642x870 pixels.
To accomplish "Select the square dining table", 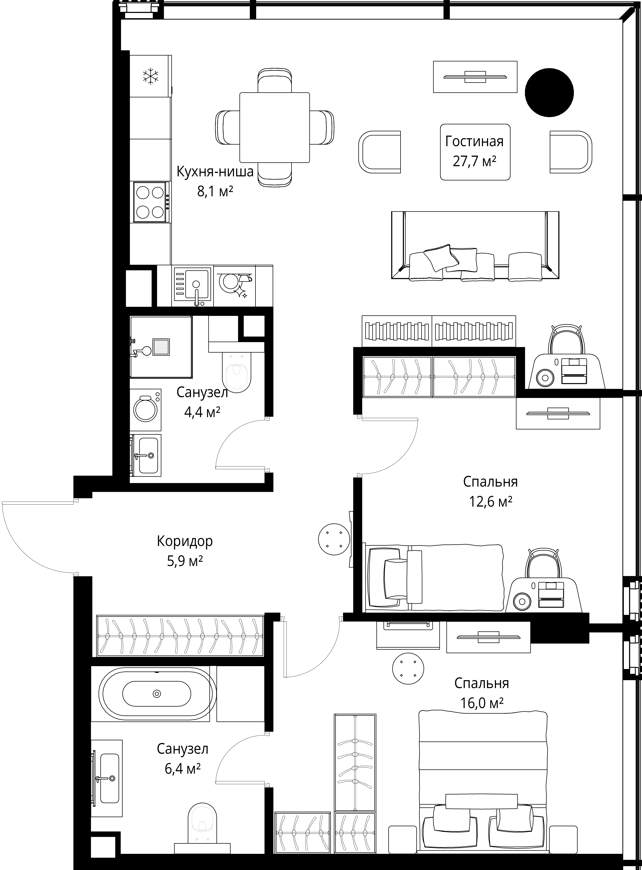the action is click(275, 127).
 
